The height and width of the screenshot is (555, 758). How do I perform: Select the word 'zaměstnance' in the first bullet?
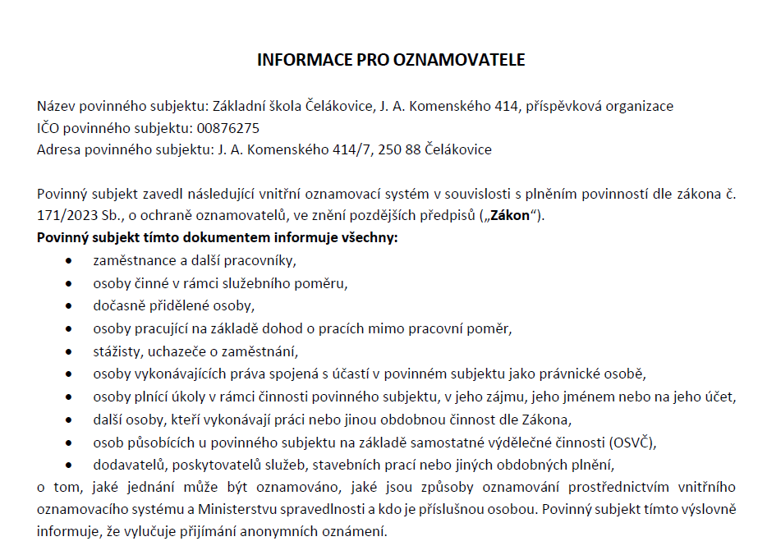pos(128,261)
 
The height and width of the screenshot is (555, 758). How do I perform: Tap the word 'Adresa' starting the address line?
pos(57,149)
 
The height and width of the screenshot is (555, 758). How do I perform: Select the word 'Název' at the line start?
pos(54,106)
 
